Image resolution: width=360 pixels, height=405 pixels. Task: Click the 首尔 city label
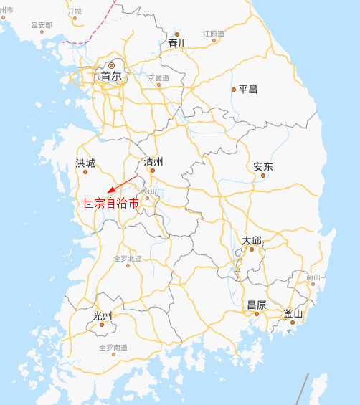coord(110,77)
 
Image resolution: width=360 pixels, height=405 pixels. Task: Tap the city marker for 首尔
coord(111,66)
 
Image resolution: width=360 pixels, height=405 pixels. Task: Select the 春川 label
coord(177,44)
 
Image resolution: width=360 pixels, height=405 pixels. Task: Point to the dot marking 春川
coord(177,34)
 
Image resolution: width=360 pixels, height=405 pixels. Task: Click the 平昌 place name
coord(248,90)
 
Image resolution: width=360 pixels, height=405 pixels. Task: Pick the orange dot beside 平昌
coord(234,90)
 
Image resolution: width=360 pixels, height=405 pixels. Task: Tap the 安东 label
coord(263,166)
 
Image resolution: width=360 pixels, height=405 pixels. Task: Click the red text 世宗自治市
coord(111,203)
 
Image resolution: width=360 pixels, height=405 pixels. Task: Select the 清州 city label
coord(153,161)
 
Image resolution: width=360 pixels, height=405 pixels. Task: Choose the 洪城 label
coord(85,163)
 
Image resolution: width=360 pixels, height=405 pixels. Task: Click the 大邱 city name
coord(252,240)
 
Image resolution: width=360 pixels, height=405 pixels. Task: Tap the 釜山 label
coord(293,313)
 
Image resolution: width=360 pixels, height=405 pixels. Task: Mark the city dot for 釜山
coord(293,322)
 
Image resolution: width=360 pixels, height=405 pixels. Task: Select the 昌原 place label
coord(257,305)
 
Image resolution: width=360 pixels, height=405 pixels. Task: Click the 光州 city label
coord(103,316)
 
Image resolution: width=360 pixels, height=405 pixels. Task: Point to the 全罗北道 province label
coord(128,258)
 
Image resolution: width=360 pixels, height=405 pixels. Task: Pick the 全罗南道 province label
coord(113,348)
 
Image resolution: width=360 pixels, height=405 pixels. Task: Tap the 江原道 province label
coord(214,34)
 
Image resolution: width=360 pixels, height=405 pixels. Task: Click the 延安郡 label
coord(42,24)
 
